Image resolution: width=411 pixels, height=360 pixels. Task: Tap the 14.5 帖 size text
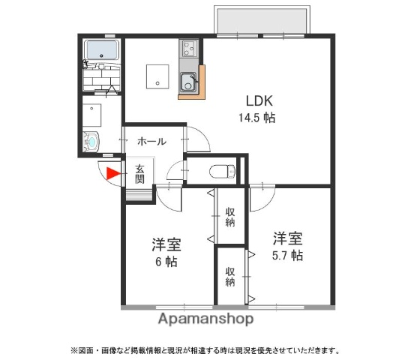[x=256, y=118]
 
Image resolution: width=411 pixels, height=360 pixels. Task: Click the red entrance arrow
[x=111, y=175]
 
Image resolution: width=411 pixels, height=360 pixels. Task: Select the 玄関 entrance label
[x=140, y=174]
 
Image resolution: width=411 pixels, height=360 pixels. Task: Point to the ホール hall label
[x=151, y=141]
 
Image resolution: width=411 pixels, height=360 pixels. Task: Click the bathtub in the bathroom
[x=101, y=51]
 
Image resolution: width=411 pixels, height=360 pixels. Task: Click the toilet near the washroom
[x=92, y=140]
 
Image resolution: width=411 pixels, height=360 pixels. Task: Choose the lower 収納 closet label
[x=230, y=277]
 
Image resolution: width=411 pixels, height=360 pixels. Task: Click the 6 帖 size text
[x=166, y=262]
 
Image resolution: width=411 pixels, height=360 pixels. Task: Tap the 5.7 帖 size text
[x=287, y=256]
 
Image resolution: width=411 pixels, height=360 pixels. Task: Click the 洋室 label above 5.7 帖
[x=288, y=239]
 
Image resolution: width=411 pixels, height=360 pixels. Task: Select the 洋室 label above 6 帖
[x=166, y=244]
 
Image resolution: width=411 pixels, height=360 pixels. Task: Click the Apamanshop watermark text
[x=205, y=319]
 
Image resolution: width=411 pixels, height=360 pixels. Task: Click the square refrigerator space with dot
[x=157, y=75]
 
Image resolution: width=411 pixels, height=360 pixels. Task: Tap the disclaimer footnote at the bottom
[x=205, y=350]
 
